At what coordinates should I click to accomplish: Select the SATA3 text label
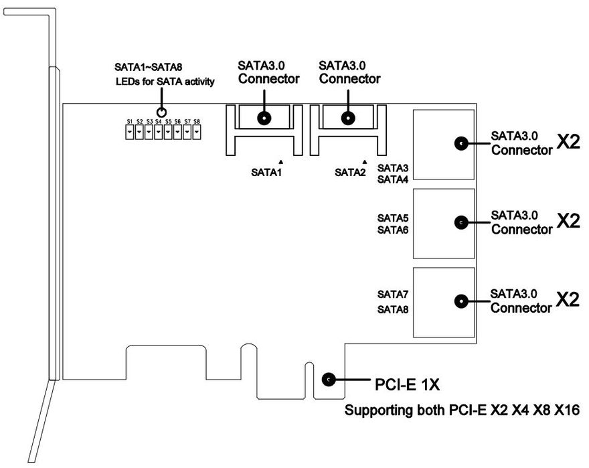(393, 167)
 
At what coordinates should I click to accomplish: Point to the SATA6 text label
(393, 230)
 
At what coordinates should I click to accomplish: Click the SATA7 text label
(393, 294)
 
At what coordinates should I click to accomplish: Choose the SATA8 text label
(393, 309)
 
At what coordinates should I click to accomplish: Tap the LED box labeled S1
(130, 132)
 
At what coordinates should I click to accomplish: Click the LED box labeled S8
(197, 132)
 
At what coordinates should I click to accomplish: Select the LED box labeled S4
(159, 132)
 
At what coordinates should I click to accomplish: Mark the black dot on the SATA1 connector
(265, 119)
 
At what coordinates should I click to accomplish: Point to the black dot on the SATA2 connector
(347, 119)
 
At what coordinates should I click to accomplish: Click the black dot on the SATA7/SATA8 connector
(460, 301)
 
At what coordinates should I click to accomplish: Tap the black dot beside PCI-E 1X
(329, 380)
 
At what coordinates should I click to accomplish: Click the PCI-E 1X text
(404, 384)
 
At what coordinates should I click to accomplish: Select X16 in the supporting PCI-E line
(564, 410)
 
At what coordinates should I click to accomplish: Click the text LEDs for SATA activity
(164, 82)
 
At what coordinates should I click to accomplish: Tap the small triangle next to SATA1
(280, 161)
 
